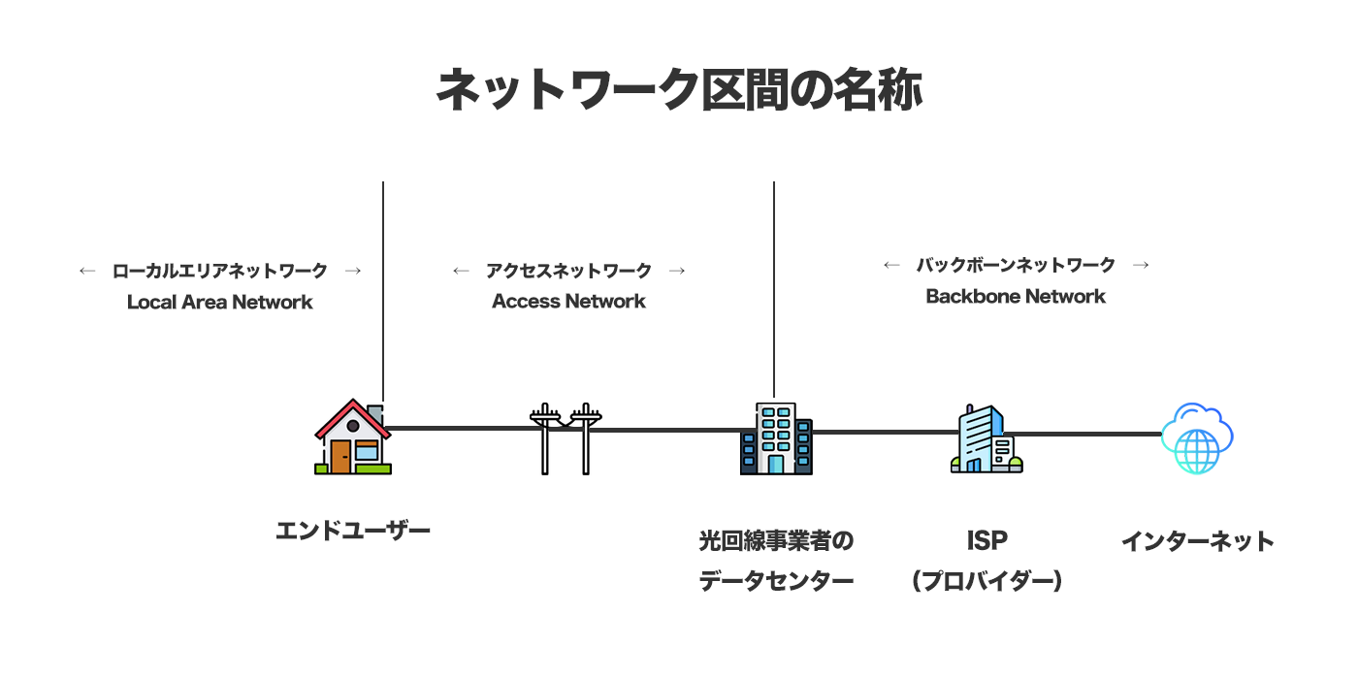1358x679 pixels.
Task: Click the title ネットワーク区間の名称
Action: click(x=678, y=90)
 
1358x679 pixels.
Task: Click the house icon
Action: click(x=352, y=438)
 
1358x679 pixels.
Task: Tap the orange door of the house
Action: click(x=339, y=456)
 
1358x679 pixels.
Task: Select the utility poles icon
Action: click(x=566, y=438)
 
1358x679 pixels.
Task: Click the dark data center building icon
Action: click(x=775, y=438)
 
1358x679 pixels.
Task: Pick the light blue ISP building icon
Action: click(x=986, y=439)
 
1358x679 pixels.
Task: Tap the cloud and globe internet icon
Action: click(x=1197, y=438)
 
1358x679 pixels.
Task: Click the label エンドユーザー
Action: click(x=352, y=531)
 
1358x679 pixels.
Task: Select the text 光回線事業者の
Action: click(x=776, y=540)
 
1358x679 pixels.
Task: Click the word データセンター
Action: click(x=776, y=581)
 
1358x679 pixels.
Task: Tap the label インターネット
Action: click(x=1197, y=540)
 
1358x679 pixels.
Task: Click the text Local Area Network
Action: click(x=220, y=302)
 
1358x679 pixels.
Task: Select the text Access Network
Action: click(x=568, y=302)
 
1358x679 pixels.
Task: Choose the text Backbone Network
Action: click(x=1016, y=296)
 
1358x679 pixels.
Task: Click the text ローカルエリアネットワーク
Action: click(x=220, y=271)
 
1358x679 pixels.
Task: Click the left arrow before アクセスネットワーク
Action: click(x=461, y=271)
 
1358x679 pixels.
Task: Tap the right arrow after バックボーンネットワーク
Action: click(x=1141, y=265)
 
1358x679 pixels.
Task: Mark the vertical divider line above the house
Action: click(x=383, y=291)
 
